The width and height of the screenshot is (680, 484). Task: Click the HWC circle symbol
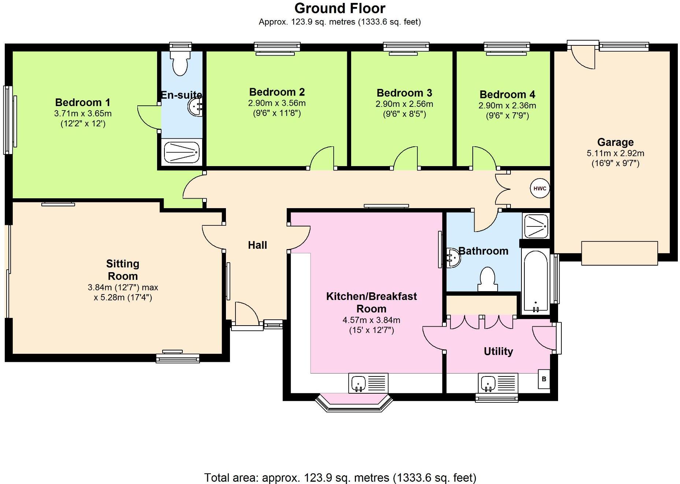(539, 188)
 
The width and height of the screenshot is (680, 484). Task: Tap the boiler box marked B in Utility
(544, 379)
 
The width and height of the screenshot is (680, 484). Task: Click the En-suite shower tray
(182, 152)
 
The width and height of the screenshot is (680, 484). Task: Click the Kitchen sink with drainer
(368, 383)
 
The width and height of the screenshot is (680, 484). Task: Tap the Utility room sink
(498, 383)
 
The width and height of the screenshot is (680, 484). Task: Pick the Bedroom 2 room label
(277, 92)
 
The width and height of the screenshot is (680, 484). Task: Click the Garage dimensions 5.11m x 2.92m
(615, 153)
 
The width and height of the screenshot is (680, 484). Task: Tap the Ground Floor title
(339, 8)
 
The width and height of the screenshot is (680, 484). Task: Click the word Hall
(257, 245)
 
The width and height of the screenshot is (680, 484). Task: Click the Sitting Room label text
(122, 270)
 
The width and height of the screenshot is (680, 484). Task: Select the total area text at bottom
(340, 477)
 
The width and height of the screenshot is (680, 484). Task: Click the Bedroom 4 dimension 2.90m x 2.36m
(507, 106)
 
